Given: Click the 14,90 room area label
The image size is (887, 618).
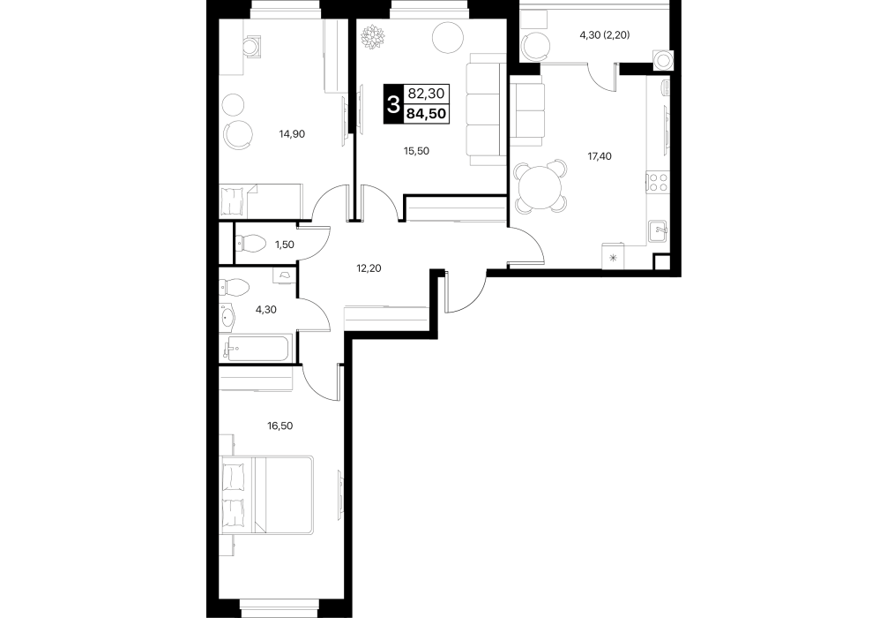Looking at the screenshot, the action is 292,134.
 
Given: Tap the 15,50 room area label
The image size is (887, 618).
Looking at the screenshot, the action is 416,151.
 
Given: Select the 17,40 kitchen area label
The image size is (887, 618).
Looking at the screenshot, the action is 599,156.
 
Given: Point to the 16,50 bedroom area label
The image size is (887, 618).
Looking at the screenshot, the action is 280,426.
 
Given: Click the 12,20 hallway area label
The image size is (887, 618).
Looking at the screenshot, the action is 369,268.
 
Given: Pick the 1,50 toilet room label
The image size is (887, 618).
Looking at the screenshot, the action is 285,245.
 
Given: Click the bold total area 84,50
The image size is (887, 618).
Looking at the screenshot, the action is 426,114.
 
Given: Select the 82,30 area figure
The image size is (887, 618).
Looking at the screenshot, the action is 426,94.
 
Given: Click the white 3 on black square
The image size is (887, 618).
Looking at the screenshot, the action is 393,104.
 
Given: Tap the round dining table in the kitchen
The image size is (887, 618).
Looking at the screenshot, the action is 540,186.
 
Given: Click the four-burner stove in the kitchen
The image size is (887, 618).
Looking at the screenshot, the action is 658,183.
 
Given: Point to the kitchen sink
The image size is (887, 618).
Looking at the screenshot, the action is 659,230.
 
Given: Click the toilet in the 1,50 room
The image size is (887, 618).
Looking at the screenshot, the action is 250,245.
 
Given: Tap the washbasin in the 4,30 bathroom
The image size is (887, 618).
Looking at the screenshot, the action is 227,317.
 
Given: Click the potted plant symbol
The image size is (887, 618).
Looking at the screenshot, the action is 373,38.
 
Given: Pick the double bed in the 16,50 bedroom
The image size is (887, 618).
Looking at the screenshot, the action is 266,494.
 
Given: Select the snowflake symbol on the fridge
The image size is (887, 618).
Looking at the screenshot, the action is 613,260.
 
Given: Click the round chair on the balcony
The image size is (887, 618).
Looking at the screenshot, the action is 535,46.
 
